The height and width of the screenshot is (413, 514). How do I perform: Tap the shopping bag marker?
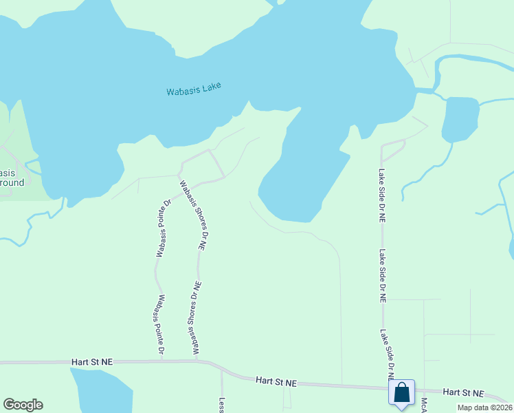[x=402, y=393]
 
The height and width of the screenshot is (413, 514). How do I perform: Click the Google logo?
[x=23, y=405]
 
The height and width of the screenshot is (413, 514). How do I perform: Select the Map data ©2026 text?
[x=484, y=407]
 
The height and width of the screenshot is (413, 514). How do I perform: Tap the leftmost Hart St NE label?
[x=91, y=361]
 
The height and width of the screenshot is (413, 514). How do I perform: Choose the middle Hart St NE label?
[x=276, y=380]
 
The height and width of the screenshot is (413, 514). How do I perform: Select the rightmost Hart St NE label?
[x=464, y=392]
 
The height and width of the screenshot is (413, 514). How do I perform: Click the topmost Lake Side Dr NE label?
[x=382, y=195]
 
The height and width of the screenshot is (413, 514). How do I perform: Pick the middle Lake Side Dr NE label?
[x=383, y=276]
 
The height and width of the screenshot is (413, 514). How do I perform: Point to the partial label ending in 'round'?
[x=12, y=182]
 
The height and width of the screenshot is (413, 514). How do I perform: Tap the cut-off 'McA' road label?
[x=424, y=405]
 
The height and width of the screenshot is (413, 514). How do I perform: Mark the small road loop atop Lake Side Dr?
[x=393, y=149]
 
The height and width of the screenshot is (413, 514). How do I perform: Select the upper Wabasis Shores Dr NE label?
[x=193, y=214]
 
